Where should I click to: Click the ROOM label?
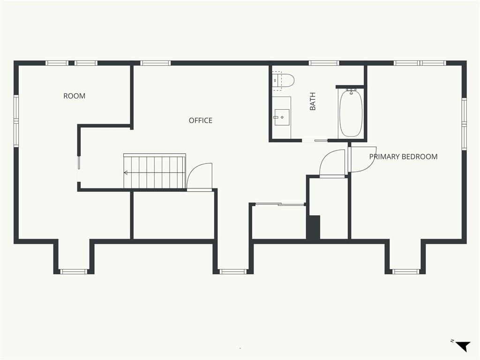pyautogui.click(x=75, y=96)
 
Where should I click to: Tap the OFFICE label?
pyautogui.click(x=201, y=120)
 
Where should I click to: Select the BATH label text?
pyautogui.click(x=313, y=101)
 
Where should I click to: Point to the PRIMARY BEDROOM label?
pyautogui.click(x=403, y=157)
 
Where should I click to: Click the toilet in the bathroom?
pyautogui.click(x=283, y=81)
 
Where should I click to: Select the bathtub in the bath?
pyautogui.click(x=351, y=112)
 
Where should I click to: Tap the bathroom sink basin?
pyautogui.click(x=282, y=118)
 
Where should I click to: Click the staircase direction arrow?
pyautogui.click(x=155, y=172)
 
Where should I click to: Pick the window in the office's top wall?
pyautogui.click(x=155, y=63)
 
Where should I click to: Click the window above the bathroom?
pyautogui.click(x=323, y=63)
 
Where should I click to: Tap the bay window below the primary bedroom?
pyautogui.click(x=405, y=271)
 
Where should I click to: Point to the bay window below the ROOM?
pyautogui.click(x=74, y=271)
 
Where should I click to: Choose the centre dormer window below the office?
pyautogui.click(x=233, y=271)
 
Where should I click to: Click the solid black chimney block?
pyautogui.click(x=314, y=227)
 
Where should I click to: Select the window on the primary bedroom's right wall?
pyautogui.click(x=464, y=124)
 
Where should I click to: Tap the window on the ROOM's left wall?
pyautogui.click(x=16, y=121)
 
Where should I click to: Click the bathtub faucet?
pyautogui.click(x=351, y=91)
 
